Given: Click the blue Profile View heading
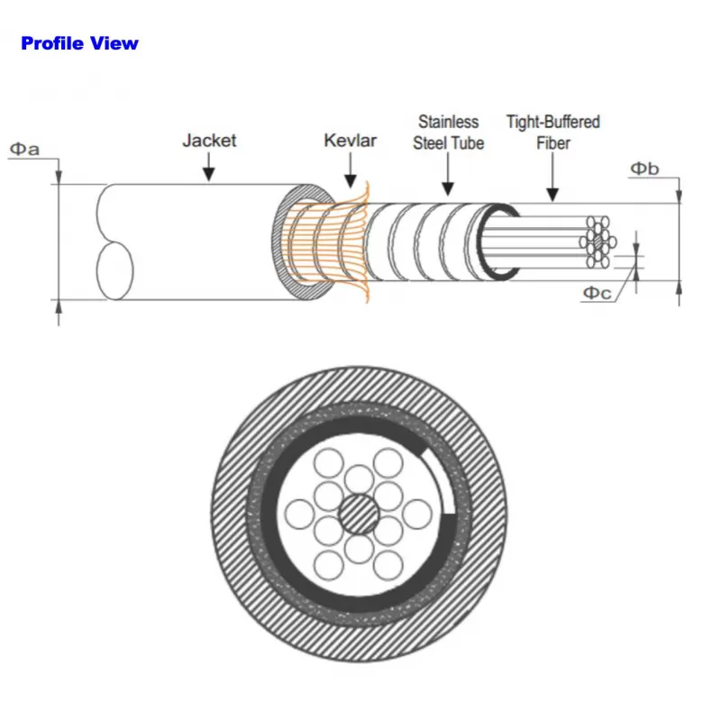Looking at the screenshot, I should point(79,42).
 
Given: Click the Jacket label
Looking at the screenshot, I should point(209,140).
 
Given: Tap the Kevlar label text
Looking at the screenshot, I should point(350,140).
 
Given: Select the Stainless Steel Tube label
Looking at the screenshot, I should point(448,132).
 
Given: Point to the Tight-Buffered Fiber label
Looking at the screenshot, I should point(552,132).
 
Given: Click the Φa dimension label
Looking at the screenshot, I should point(24,149).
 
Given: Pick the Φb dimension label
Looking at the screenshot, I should point(643,168).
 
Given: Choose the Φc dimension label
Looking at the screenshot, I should point(598,291).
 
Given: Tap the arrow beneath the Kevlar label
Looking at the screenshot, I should point(351,169).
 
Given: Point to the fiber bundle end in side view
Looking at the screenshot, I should point(597,242).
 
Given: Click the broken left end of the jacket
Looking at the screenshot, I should point(113,243).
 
